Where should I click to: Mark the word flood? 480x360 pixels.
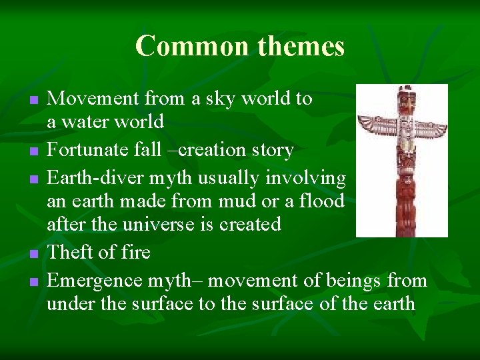[x=322, y=201]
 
